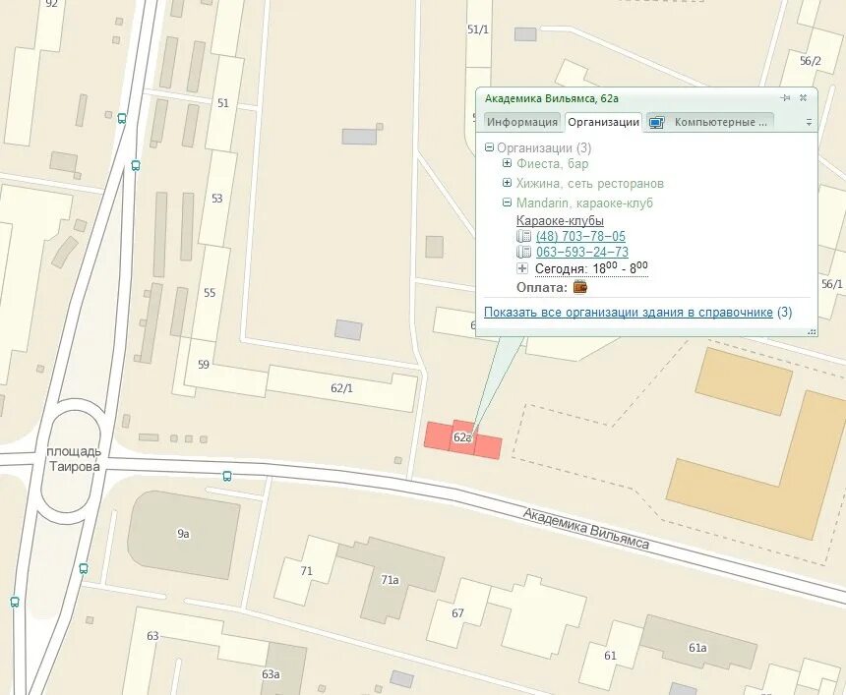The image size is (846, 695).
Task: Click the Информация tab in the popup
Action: pyautogui.click(x=522, y=122)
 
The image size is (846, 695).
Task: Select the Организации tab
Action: pyautogui.click(x=603, y=122)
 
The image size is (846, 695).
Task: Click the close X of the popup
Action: pyautogui.click(x=803, y=98)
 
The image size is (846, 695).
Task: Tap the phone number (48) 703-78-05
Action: pyautogui.click(x=580, y=237)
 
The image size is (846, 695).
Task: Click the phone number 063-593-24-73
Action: pyautogui.click(x=581, y=253)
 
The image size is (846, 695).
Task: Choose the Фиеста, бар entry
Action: pyautogui.click(x=552, y=164)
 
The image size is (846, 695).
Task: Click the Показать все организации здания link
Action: pyautogui.click(x=628, y=313)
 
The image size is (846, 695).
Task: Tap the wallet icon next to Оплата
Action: pyautogui.click(x=580, y=287)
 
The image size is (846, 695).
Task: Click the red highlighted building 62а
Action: pyautogui.click(x=462, y=437)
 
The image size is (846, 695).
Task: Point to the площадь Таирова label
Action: pyautogui.click(x=74, y=459)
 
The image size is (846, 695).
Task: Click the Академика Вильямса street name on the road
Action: pyautogui.click(x=586, y=529)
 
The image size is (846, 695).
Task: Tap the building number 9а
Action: pyautogui.click(x=183, y=534)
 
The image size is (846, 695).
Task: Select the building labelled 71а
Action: pyautogui.click(x=390, y=580)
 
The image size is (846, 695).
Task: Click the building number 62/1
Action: pyautogui.click(x=341, y=388)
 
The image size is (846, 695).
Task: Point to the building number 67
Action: pyautogui.click(x=458, y=613)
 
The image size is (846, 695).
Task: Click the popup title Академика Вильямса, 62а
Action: pyautogui.click(x=551, y=98)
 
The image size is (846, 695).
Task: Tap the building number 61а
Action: pyautogui.click(x=697, y=647)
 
